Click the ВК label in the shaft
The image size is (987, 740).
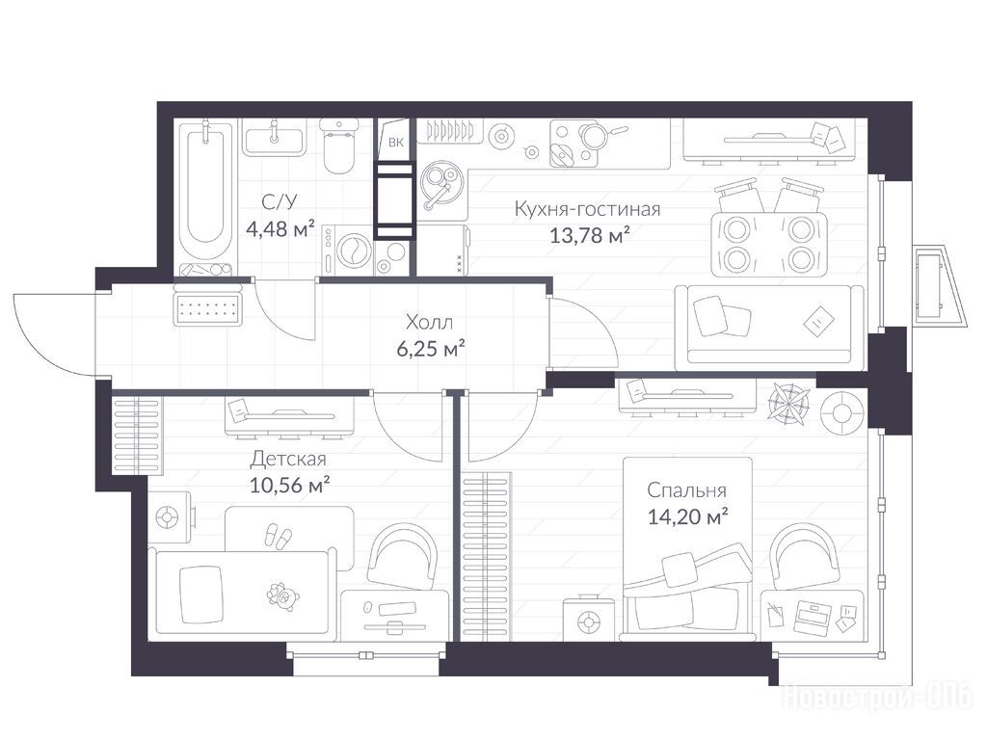[395, 143]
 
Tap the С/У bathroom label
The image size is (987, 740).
[280, 202]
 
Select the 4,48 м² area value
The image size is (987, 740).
[280, 229]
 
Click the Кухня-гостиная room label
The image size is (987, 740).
[587, 208]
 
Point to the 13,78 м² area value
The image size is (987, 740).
[590, 235]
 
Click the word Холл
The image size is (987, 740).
[429, 322]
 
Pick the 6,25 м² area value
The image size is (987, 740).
[431, 348]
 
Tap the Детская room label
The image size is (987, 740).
[288, 459]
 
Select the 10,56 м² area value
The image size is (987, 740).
[290, 486]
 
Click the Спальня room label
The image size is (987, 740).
[686, 490]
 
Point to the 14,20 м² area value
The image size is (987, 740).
[688, 516]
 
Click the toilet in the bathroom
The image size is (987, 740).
[338, 146]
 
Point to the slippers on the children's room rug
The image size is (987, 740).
[278, 537]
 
